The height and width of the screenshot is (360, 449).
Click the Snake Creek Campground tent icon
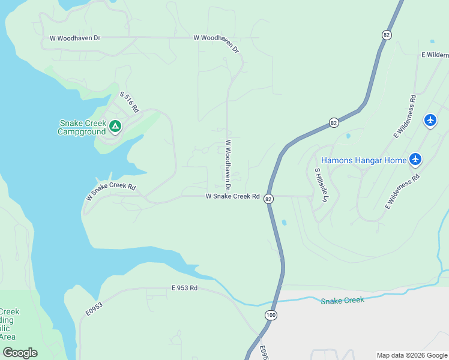pos(115,127)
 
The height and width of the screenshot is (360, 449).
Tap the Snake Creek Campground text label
pos(82,127)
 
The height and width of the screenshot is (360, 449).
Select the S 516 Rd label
pos(129,103)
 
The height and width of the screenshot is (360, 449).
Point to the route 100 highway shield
pos(270,315)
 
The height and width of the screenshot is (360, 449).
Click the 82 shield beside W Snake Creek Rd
pos(269,198)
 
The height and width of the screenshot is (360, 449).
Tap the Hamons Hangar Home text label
pos(363,160)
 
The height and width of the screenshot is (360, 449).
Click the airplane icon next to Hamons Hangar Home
pos(415,160)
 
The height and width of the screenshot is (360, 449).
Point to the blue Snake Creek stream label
pos(342,300)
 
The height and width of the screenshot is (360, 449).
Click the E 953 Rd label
pos(184,288)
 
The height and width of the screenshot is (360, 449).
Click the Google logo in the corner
pos(20,353)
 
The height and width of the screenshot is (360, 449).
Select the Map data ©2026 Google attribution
pos(412,355)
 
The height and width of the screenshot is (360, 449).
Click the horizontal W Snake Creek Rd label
pos(232,196)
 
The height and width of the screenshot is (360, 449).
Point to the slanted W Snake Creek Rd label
pos(111,190)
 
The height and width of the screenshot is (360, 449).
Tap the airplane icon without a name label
pos(430,121)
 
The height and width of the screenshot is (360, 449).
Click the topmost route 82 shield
pos(386,35)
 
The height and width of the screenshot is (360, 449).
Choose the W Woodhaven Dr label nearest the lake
pos(75,38)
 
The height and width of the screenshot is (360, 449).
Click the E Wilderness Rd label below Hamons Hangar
pos(402,192)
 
